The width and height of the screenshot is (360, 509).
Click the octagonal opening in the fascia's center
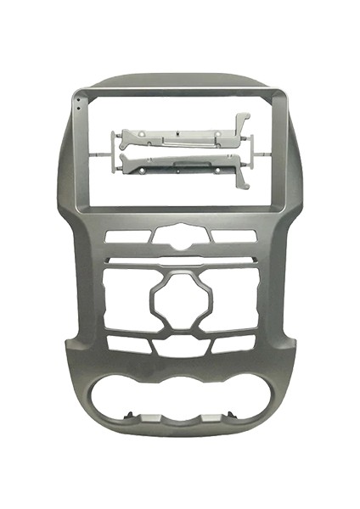(x=179, y=301)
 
